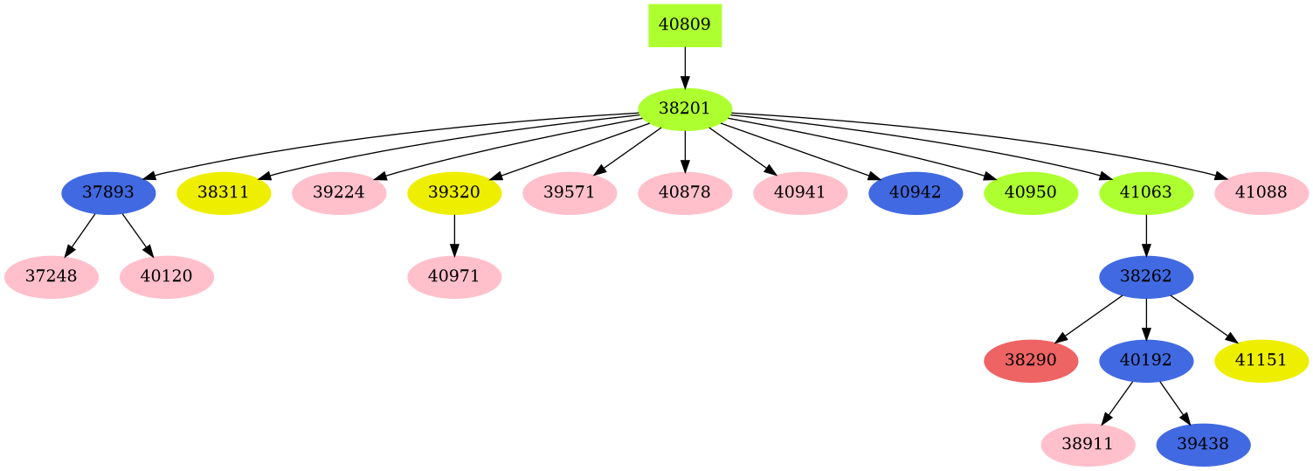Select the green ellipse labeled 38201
point(685,109)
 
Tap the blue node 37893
point(108,193)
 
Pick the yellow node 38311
point(224,193)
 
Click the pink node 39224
point(339,193)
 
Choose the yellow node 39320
point(454,193)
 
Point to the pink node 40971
point(454,277)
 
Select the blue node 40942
point(916,193)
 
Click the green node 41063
point(1146,193)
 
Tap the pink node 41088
point(1261,193)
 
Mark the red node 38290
point(1031,361)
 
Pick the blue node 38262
point(1146,277)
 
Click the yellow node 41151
point(1261,361)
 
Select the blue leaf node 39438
point(1204,445)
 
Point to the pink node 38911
point(1088,445)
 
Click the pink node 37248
point(51,277)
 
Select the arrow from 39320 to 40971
point(454,235)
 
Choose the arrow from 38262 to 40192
point(1146,319)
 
